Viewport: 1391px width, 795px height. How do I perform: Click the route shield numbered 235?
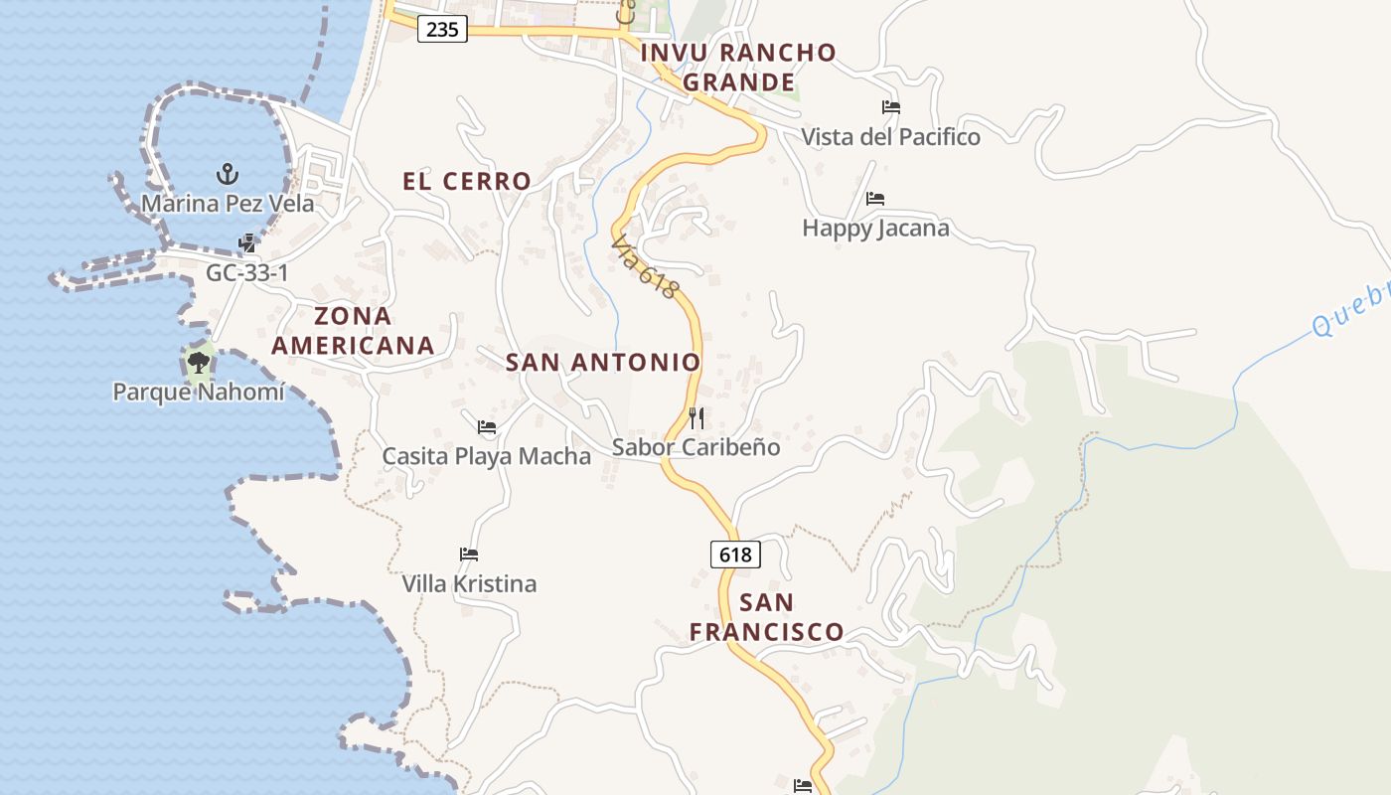coord(442,30)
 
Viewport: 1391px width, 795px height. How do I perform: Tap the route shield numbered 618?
coord(735,555)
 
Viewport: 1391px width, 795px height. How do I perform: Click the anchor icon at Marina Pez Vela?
coord(228,175)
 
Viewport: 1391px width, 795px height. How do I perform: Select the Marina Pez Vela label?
coord(228,204)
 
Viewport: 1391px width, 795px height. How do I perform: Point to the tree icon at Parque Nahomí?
coord(199,363)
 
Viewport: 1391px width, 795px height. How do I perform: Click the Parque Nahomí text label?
coord(199,392)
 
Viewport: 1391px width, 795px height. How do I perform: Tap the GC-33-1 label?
coord(247,272)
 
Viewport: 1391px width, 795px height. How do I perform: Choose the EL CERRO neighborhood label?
coord(467,181)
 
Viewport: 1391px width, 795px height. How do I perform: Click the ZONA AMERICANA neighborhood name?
coord(354,331)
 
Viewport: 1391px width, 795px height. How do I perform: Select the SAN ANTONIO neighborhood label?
coord(603,363)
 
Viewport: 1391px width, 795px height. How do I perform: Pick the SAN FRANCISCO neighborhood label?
coord(767,617)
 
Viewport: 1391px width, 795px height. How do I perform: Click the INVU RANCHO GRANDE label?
coord(739,67)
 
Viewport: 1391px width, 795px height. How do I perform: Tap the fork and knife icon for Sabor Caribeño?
coord(696,417)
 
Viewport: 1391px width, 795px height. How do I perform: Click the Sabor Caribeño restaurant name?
coord(695,447)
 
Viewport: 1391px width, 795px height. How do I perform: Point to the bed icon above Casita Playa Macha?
coord(487,427)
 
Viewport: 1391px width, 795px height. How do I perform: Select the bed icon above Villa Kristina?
coord(469,554)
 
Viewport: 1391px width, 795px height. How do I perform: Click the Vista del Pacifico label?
coord(891,137)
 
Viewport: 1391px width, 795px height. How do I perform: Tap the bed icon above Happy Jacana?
coord(875,199)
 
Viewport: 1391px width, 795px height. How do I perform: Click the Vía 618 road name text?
coord(646,267)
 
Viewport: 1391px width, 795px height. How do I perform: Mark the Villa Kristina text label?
coord(469,583)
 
